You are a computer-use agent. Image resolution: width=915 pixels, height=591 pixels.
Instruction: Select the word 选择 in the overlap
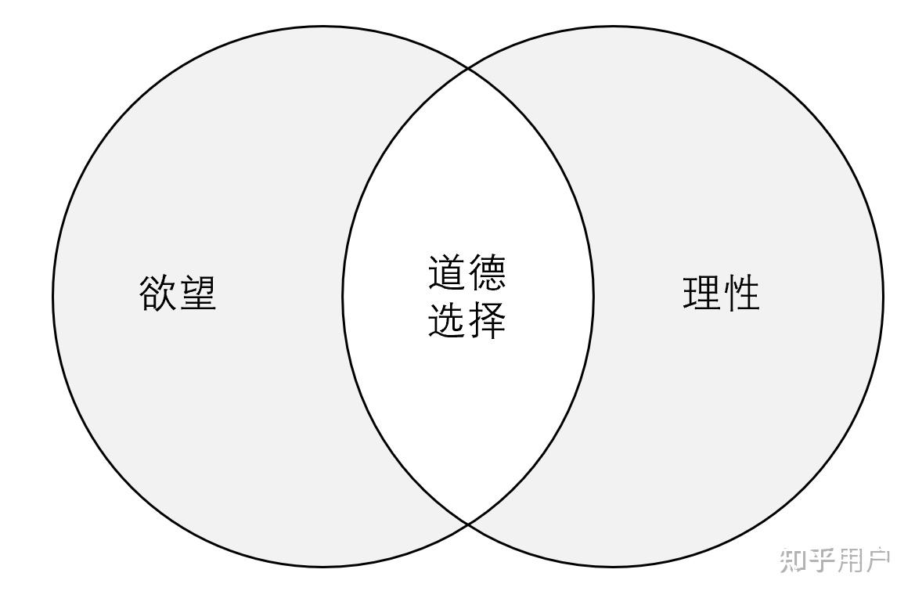467,319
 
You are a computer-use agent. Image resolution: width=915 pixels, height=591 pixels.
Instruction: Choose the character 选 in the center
448,319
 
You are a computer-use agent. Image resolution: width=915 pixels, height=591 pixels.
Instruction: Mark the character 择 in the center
487,319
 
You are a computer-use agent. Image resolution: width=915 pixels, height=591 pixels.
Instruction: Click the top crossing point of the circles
468,69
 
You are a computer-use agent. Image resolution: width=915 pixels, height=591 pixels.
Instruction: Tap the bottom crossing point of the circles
468,523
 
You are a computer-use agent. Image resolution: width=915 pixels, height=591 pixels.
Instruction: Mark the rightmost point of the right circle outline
883,297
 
